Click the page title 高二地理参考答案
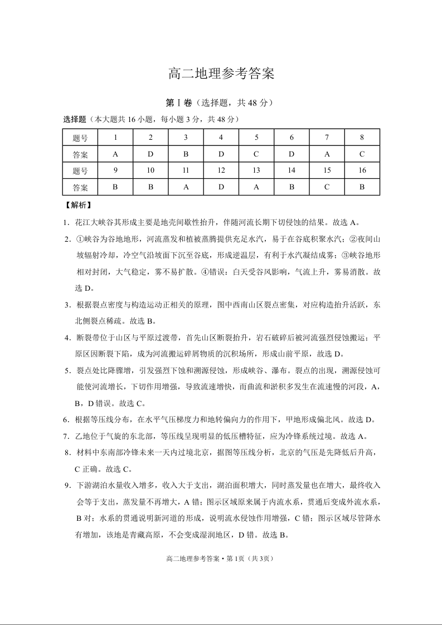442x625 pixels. (221, 74)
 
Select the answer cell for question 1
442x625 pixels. (115, 154)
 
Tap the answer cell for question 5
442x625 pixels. (256, 154)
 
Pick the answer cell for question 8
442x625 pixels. (362, 154)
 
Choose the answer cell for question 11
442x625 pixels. (186, 187)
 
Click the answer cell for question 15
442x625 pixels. (327, 187)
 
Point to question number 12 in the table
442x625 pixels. (221, 170)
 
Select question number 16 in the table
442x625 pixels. (362, 170)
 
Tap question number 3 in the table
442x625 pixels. (186, 138)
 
